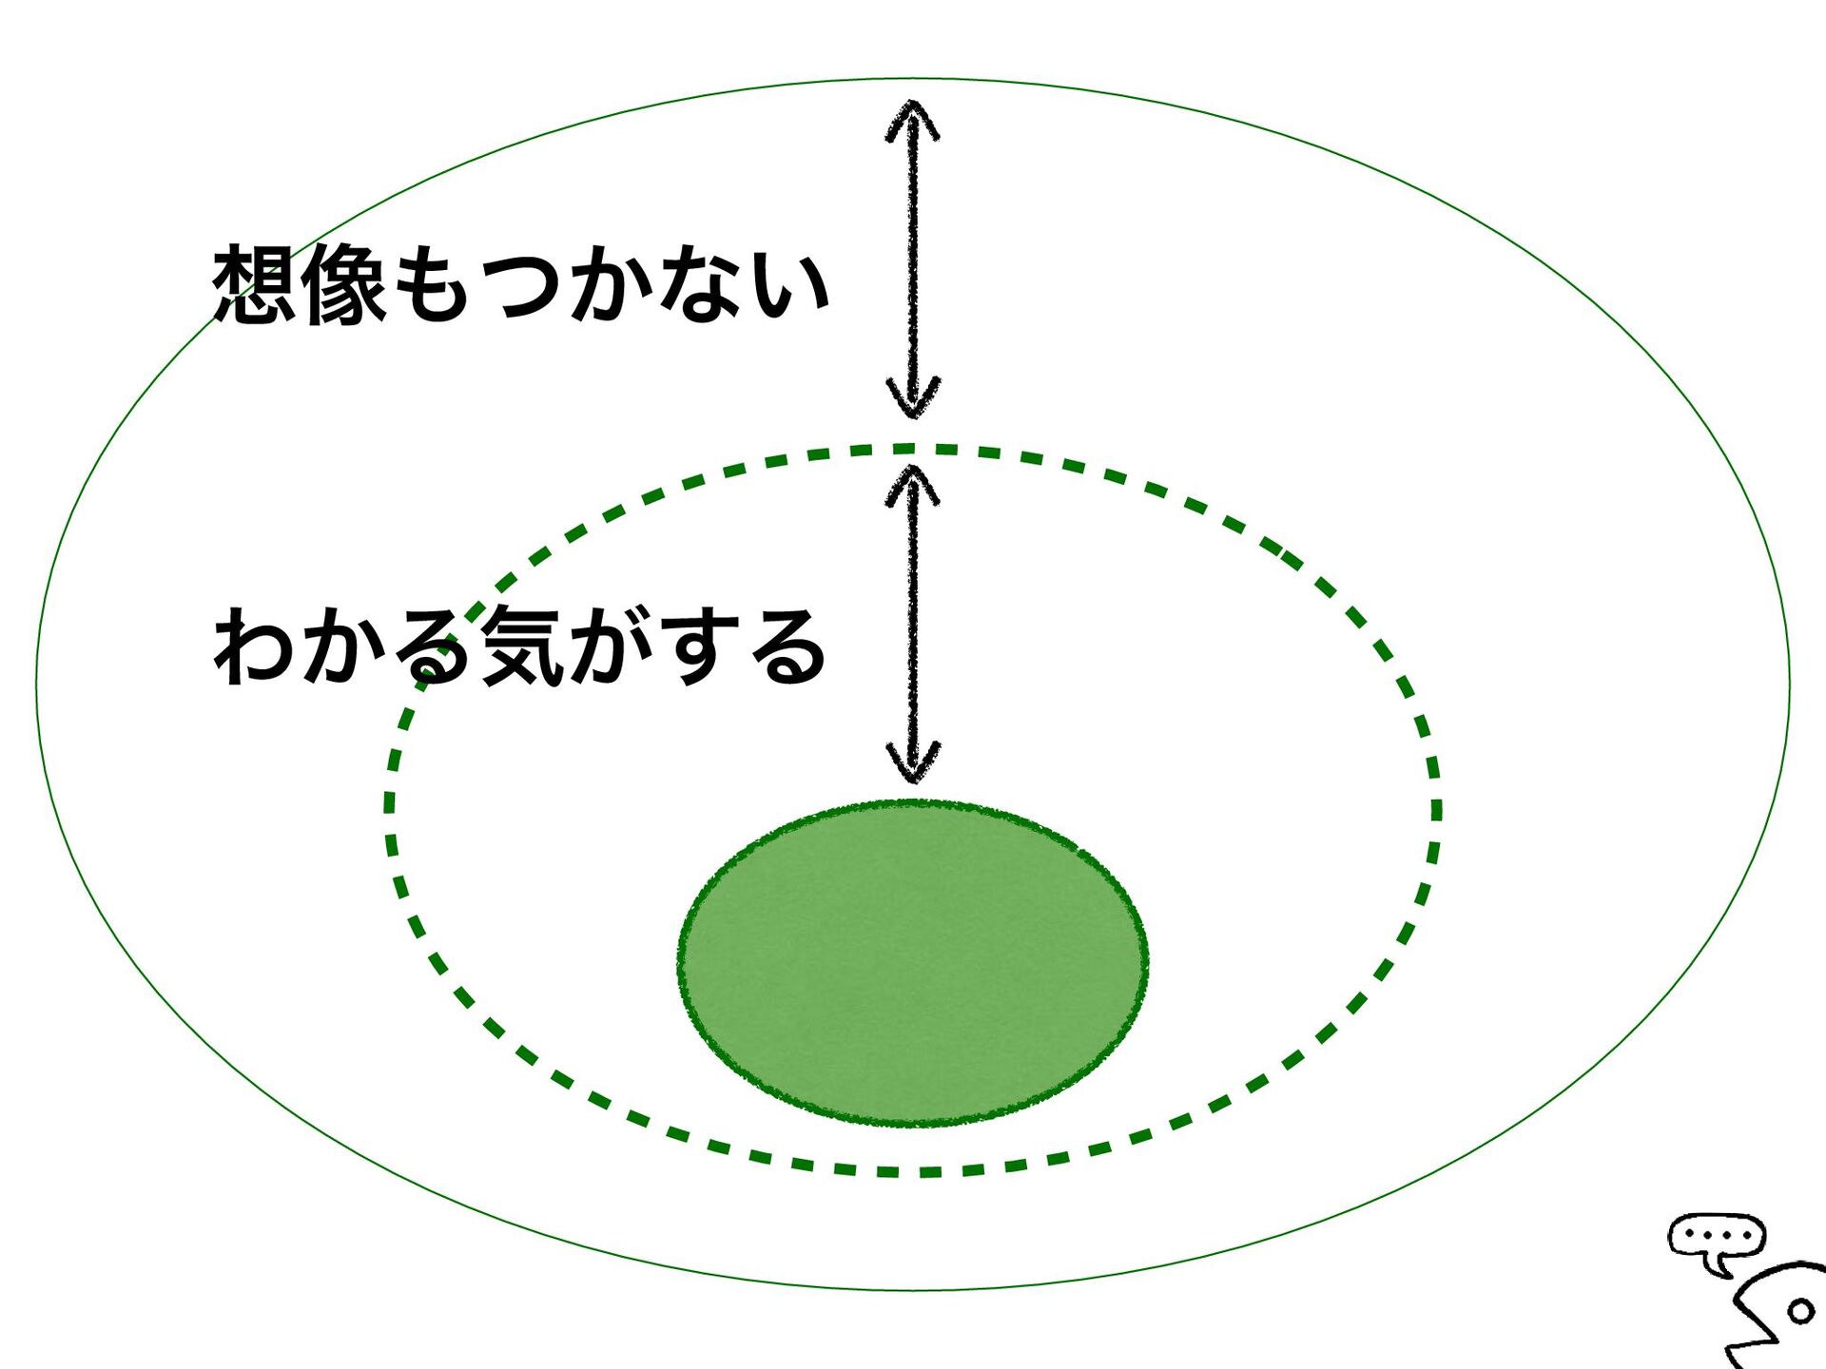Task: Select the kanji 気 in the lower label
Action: pyautogui.click(x=521, y=646)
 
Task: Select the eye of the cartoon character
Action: pyautogui.click(x=1800, y=1313)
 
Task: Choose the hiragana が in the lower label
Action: pyautogui.click(x=611, y=646)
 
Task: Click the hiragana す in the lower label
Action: pyautogui.click(x=699, y=646)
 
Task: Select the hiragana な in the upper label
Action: pyautogui.click(x=701, y=283)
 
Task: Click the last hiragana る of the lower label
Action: pyautogui.click(x=787, y=646)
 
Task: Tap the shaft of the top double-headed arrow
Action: pyautogui.click(x=913, y=257)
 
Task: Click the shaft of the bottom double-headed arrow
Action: pyautogui.click(x=913, y=623)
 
